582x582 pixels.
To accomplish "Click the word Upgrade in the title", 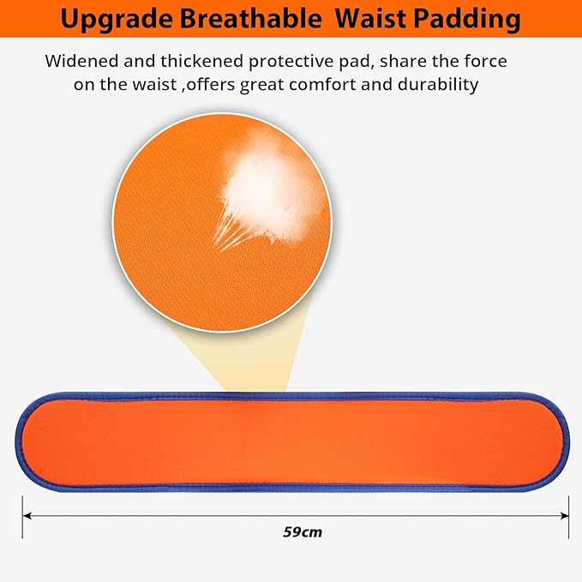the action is (117, 19).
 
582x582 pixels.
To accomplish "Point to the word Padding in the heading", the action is (468, 20).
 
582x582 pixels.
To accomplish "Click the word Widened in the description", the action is (81, 61).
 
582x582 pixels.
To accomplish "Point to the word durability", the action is (438, 85).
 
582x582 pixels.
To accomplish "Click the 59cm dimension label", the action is (303, 532).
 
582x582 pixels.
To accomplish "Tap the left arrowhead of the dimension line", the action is (27, 515).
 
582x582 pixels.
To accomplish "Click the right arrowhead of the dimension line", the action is (565, 515).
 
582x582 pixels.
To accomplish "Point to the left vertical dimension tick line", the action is (22, 516).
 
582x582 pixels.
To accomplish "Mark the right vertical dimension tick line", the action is (568, 516).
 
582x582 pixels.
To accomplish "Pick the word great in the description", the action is (261, 86).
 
